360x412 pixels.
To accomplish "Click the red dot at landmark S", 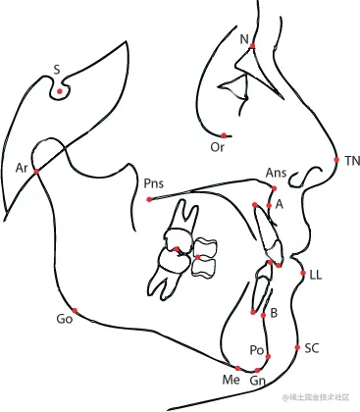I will click(x=60, y=91).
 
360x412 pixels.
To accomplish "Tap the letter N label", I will click(x=244, y=38).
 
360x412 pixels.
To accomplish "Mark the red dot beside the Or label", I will click(x=224, y=135).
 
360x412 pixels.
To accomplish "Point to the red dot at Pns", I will click(x=149, y=199).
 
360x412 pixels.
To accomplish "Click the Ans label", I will click(x=276, y=173).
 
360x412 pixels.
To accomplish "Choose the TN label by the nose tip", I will click(x=352, y=160).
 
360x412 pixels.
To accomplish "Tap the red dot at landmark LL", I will click(x=302, y=273).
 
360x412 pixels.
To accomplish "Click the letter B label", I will click(x=274, y=313).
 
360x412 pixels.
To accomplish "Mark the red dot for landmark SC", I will click(x=297, y=347).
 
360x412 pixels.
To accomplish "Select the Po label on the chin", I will click(x=257, y=350).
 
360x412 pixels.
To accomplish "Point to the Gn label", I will click(x=257, y=380).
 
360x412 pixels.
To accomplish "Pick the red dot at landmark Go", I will click(x=75, y=311).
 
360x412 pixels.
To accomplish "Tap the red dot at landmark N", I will click(x=253, y=46).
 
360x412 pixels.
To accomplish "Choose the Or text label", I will click(x=218, y=147).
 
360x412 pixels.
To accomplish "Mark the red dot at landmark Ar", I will click(x=36, y=171).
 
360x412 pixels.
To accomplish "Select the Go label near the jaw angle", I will click(x=65, y=320).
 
